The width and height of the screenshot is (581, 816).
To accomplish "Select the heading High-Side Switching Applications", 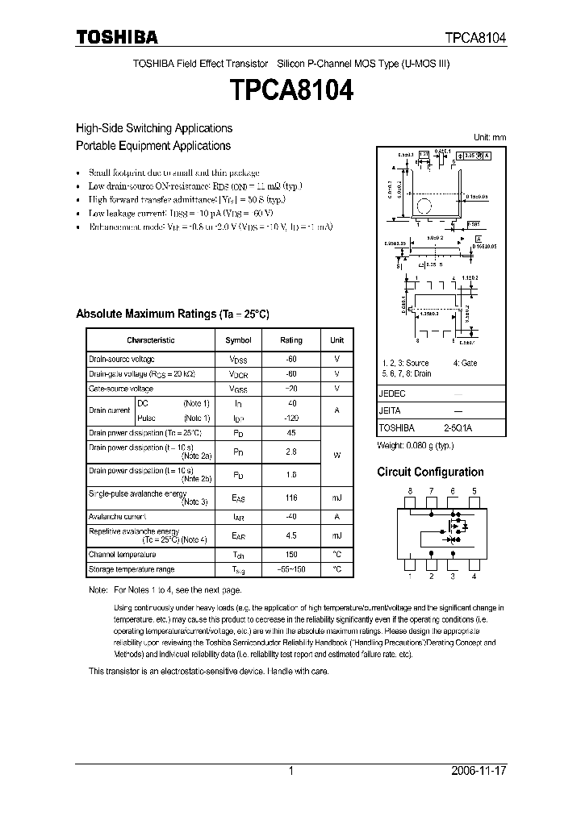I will (x=153, y=128).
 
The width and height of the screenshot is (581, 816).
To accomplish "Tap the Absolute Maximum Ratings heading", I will (x=172, y=314).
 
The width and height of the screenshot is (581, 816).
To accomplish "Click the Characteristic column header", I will (x=150, y=340).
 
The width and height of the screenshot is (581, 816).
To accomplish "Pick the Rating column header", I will (x=290, y=340).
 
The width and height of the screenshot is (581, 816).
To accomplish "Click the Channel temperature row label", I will (x=122, y=555).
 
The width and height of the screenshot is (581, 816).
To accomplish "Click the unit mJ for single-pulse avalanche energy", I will (x=336, y=498).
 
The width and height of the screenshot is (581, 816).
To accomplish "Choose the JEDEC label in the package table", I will (x=392, y=394).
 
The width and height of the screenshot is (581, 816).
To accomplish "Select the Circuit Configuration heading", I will (x=430, y=473).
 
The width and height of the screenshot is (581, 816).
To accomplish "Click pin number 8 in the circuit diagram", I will (x=410, y=491).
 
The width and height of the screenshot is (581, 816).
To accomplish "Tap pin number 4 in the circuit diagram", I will (x=474, y=576).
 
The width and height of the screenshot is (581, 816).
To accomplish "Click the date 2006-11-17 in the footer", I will (x=479, y=771).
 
